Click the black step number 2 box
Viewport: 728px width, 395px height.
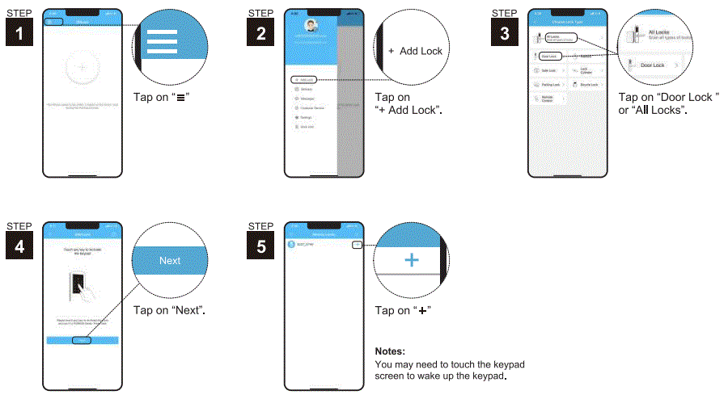260,33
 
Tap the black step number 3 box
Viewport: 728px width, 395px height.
505,33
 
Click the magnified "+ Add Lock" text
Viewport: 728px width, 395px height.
416,51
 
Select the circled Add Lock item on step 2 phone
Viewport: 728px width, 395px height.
303,79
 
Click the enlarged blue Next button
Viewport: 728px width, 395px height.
170,261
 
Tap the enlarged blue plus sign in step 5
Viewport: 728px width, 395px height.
413,260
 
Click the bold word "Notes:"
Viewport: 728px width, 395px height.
390,352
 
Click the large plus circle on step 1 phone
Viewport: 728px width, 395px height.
82,68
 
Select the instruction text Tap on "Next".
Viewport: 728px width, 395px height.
169,310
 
